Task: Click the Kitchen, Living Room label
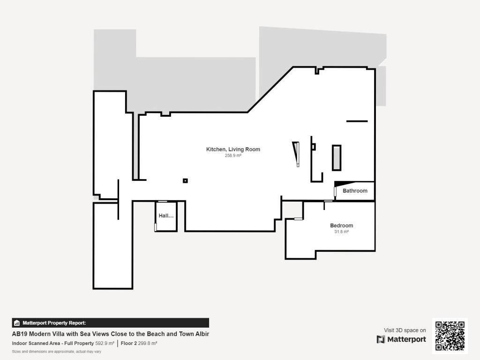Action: click(x=233, y=150)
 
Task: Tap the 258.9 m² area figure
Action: click(x=233, y=156)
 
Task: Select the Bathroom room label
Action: click(x=355, y=191)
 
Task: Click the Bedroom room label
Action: click(x=341, y=225)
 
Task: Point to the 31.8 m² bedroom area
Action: click(x=341, y=232)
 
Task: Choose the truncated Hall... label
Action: click(x=166, y=216)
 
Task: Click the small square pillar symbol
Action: click(x=185, y=180)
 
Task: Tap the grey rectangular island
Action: click(x=337, y=157)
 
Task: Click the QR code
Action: click(x=450, y=336)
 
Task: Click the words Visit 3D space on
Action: click(x=405, y=330)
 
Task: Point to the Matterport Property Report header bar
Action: click(x=110, y=322)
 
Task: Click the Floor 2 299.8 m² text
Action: click(x=139, y=344)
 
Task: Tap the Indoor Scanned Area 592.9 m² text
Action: click(x=63, y=344)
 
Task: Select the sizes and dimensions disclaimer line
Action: click(x=56, y=352)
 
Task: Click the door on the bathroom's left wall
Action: click(x=335, y=192)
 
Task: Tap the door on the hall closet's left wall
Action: click(x=155, y=227)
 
